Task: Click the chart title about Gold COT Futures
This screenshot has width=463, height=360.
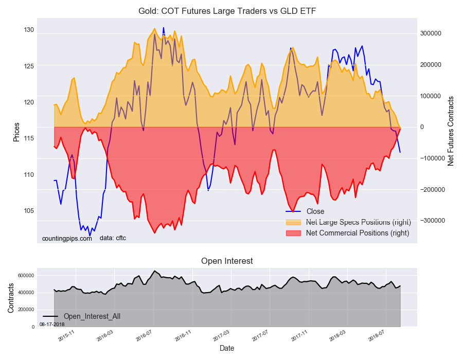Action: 231,11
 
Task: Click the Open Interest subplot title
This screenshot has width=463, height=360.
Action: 227,261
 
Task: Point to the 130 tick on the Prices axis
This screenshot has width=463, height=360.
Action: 28,30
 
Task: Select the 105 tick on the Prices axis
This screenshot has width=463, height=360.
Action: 28,211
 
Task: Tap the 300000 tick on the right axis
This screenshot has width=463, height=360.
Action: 431,33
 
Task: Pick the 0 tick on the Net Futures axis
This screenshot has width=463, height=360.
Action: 423,127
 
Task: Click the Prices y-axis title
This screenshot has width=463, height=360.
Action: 16,132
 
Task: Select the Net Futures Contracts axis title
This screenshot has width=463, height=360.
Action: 451,130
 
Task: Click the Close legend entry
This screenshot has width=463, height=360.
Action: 315,211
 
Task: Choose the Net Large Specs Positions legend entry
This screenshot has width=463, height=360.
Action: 358,222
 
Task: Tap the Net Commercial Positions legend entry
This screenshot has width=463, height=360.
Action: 357,233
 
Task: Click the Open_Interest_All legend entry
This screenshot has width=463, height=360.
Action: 92,316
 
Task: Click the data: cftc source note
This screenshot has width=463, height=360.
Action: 113,238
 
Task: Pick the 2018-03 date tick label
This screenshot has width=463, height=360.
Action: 340,337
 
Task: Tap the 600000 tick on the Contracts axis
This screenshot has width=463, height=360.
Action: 25,276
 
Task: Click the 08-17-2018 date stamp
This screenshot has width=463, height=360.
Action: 52,325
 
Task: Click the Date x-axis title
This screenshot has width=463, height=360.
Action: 227,348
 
